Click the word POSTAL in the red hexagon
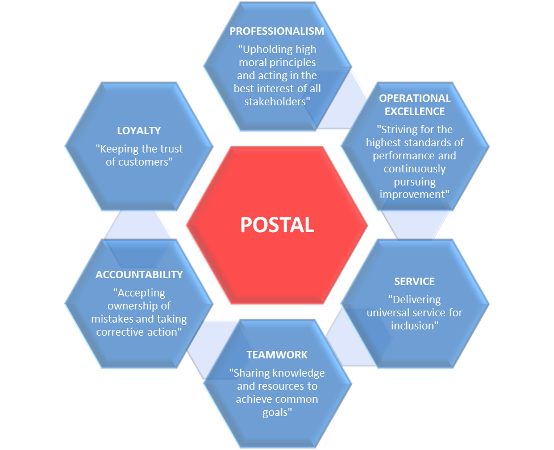click(277, 225)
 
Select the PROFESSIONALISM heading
click(277, 31)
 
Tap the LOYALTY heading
click(139, 130)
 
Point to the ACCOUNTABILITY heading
click(139, 275)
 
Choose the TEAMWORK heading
click(277, 355)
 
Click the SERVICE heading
click(414, 282)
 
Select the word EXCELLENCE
click(415, 111)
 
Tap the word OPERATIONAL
click(415, 98)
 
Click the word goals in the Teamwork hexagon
click(276, 412)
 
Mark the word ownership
click(131, 306)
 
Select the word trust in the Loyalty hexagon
click(171, 149)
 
